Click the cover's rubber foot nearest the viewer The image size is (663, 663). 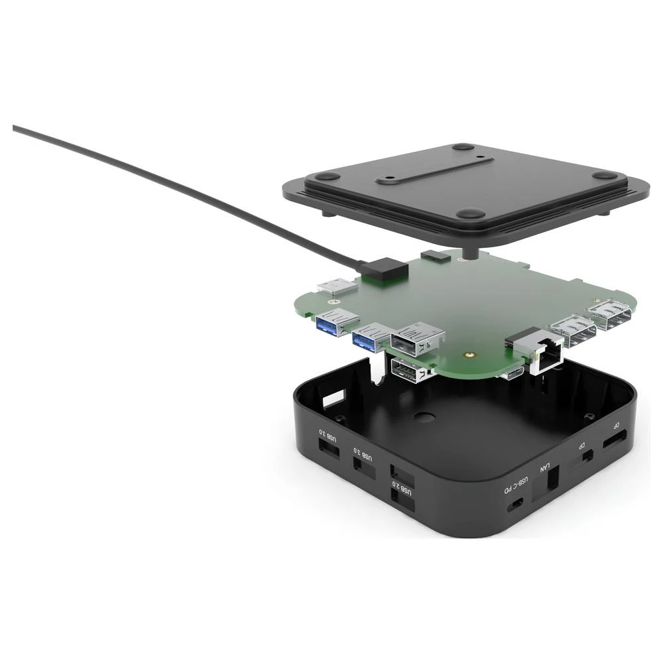[x=471, y=213]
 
